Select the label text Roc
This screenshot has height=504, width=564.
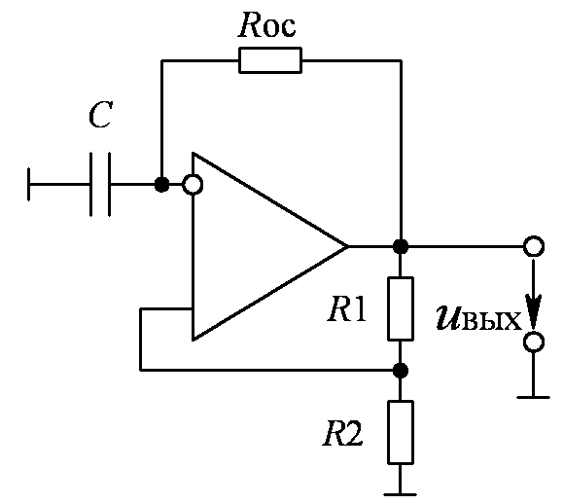(266, 25)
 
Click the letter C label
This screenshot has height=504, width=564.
(101, 115)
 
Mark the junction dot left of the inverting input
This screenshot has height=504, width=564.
(161, 185)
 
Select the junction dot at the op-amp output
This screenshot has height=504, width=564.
(401, 246)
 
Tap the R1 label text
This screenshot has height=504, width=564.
(347, 309)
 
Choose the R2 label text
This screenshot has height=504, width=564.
(343, 433)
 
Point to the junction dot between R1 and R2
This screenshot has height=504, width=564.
(401, 370)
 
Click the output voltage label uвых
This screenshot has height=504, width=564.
(478, 318)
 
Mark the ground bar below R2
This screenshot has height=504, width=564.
(401, 495)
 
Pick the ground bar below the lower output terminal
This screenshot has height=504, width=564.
(534, 397)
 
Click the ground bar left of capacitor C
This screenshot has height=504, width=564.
(28, 184)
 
